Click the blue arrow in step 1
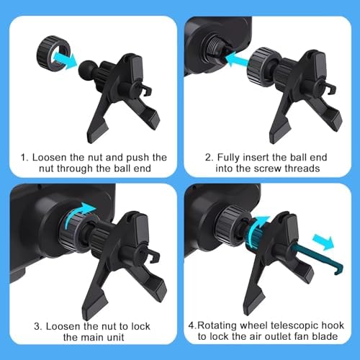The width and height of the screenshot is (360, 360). (x=65, y=59)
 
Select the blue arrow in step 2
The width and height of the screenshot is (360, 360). (x=238, y=59)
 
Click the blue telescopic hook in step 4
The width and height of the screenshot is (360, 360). (x=318, y=258)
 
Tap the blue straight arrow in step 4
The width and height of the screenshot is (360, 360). (x=323, y=241)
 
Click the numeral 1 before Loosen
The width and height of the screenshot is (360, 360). (x=23, y=158)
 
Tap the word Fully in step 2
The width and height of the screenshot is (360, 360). (x=228, y=158)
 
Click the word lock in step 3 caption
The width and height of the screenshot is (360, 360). (x=140, y=326)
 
